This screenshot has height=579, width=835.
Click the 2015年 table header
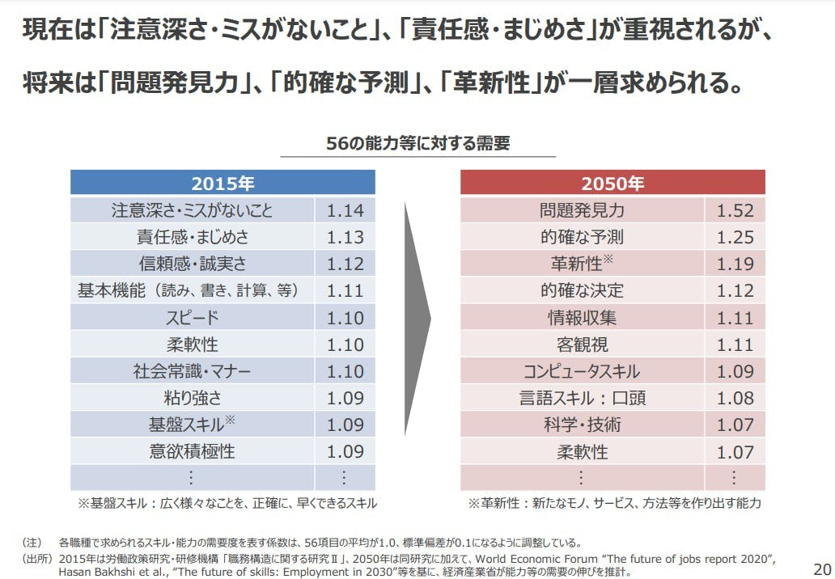click(x=223, y=183)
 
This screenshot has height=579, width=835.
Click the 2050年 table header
click(x=612, y=183)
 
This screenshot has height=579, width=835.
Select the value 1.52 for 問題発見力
click(x=735, y=211)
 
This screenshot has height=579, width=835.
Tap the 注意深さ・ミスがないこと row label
click(x=192, y=211)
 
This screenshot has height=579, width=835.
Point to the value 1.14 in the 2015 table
click(x=345, y=211)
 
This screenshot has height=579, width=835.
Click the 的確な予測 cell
click(x=582, y=238)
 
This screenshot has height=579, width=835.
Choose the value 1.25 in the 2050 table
click(x=735, y=238)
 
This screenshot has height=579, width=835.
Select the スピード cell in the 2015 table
click(x=192, y=318)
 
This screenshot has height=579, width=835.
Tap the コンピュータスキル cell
click(x=582, y=371)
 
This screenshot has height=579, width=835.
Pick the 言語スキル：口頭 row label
click(x=582, y=398)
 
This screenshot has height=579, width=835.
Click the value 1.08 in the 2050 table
click(x=735, y=398)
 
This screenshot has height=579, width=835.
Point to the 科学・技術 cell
click(x=582, y=425)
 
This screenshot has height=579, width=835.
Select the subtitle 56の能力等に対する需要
click(x=417, y=144)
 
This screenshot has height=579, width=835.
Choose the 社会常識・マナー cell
click(x=192, y=371)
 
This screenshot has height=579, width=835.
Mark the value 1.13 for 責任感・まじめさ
click(x=345, y=238)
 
